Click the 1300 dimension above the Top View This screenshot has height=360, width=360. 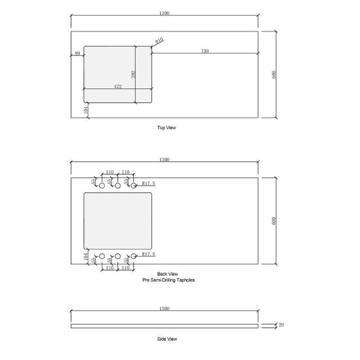(164, 13)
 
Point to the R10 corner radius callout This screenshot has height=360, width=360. (159, 40)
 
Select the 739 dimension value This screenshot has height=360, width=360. (205, 51)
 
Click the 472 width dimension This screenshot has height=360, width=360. (118, 87)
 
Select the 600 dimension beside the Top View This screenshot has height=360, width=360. (274, 74)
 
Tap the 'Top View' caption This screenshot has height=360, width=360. (166, 128)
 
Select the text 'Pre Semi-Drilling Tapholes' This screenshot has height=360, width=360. (168, 280)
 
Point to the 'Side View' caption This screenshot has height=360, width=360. (167, 339)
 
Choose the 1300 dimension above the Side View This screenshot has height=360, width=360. (164, 308)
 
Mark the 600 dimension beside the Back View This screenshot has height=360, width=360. (274, 220)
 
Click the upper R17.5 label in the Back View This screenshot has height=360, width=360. (148, 183)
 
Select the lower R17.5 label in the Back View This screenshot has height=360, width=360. (148, 254)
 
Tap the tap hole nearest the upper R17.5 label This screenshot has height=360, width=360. (134, 185)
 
